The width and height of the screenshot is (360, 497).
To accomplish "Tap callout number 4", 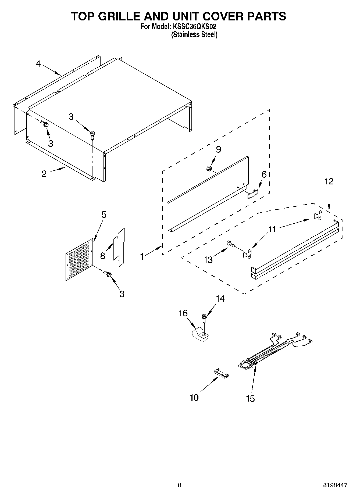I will tap(38, 64).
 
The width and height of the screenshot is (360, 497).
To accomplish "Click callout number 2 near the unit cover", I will tap(44, 174).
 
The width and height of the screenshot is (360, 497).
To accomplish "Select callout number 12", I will tap(329, 181).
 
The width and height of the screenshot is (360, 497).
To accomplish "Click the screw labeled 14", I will tap(204, 317).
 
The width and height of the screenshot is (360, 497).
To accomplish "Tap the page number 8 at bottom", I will tap(179, 485).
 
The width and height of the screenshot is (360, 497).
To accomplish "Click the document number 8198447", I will tap(335, 485).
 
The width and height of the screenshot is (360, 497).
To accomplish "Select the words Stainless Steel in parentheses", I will tap(194, 35).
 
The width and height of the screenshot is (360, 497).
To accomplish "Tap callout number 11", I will tap(272, 229).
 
